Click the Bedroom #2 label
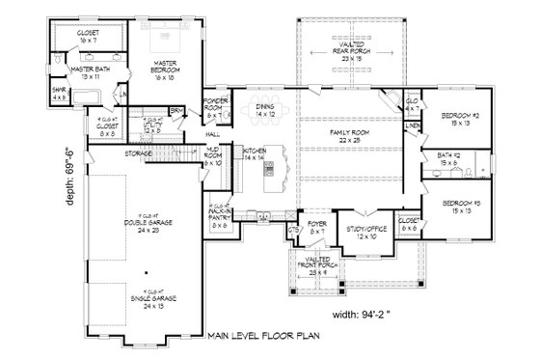pyautogui.click(x=458, y=120)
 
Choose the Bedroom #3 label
pyautogui.click(x=458, y=207)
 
